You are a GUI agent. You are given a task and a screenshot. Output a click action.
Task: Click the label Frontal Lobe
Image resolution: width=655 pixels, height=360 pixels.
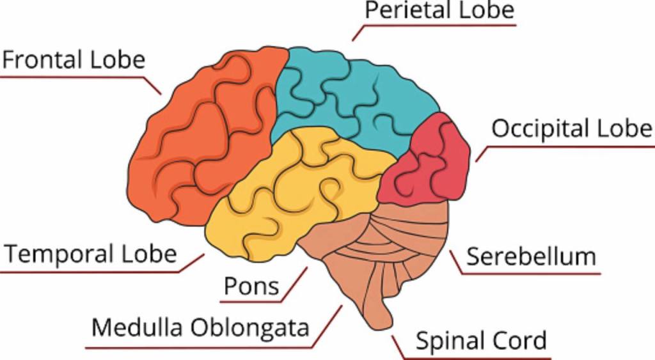(x=74, y=59)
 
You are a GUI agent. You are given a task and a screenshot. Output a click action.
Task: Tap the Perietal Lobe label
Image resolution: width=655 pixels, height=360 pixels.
(x=439, y=10)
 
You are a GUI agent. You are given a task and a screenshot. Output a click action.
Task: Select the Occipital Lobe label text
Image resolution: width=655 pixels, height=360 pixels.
(x=571, y=129)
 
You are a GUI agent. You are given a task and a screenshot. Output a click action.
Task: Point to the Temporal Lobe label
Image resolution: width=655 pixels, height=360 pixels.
(x=90, y=254)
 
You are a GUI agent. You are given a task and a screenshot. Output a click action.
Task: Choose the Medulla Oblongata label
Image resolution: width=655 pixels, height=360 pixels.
(x=200, y=328)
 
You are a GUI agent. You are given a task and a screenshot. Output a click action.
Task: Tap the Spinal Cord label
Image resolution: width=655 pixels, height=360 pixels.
(x=481, y=341)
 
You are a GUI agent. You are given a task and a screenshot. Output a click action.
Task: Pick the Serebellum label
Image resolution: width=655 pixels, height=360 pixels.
(x=531, y=257)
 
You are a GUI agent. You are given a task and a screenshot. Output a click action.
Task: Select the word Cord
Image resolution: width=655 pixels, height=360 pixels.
(x=523, y=341)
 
